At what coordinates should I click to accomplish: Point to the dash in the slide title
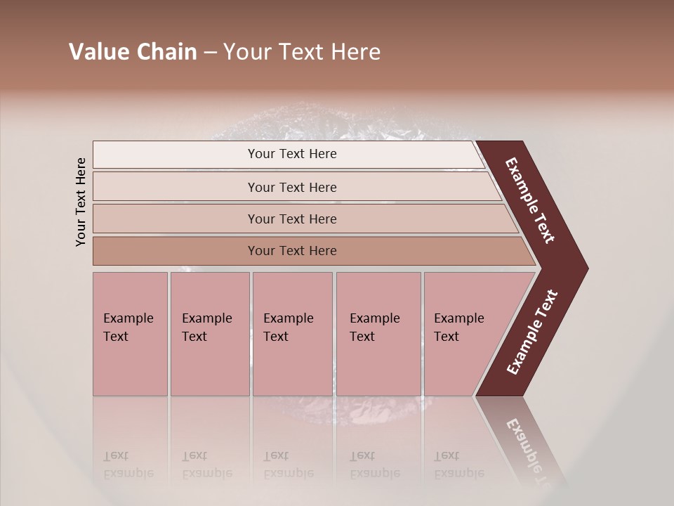(x=210, y=53)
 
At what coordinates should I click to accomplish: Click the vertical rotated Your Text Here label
(x=81, y=202)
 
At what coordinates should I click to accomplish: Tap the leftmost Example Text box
(x=130, y=334)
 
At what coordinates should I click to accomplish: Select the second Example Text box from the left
(x=209, y=334)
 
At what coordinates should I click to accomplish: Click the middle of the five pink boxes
(x=292, y=334)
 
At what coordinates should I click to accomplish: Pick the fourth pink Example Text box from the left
(x=378, y=334)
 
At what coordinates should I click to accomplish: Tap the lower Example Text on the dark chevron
(x=532, y=332)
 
